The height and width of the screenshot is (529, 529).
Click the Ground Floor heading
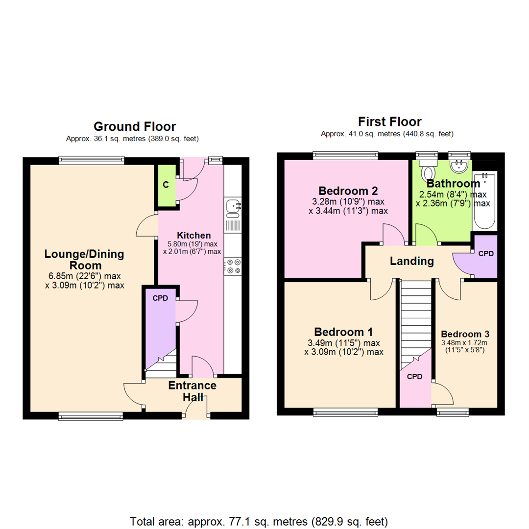coord(135,127)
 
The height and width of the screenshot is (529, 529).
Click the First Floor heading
coord(389,121)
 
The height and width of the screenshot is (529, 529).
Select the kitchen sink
coord(233,207)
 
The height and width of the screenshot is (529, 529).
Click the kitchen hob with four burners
coord(233,266)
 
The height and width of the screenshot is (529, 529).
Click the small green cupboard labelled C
coord(166,185)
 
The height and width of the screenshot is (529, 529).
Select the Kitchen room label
coord(194,236)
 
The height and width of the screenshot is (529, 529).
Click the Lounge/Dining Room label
coord(84,260)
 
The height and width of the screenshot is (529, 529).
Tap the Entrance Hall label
coord(192,391)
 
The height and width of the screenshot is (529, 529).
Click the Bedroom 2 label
coord(348,190)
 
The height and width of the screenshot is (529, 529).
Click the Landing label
coord(411,262)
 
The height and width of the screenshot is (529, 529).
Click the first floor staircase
coord(414,323)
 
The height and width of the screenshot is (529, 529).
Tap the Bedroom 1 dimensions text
coord(344,347)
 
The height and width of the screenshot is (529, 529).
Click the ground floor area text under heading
coord(132,139)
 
